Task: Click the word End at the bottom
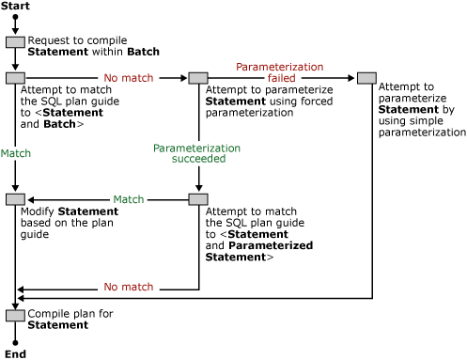pyautogui.click(x=15, y=353)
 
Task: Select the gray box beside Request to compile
pyautogui.click(x=15, y=42)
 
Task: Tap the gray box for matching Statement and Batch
pyautogui.click(x=15, y=78)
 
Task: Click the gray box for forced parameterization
pyautogui.click(x=197, y=78)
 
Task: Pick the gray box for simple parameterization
pyautogui.click(x=366, y=78)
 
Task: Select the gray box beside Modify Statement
pyautogui.click(x=15, y=199)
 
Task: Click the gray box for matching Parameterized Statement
pyautogui.click(x=197, y=199)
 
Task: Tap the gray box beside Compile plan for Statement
pyautogui.click(x=15, y=315)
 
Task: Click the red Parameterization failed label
pyautogui.click(x=279, y=73)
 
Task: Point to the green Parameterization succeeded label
pyautogui.click(x=197, y=153)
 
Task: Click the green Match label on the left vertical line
pyautogui.click(x=16, y=152)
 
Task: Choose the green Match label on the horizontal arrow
pyautogui.click(x=129, y=199)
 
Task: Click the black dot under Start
pyautogui.click(x=15, y=18)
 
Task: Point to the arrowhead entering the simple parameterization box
pyautogui.click(x=352, y=78)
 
